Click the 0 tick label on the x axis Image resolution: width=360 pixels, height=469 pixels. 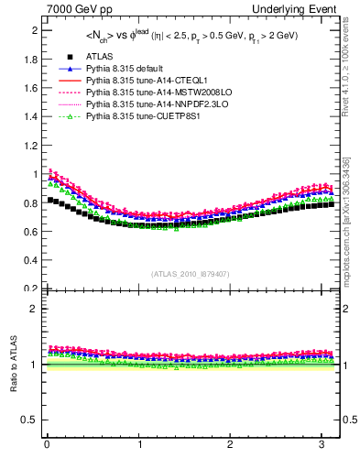(47, 445)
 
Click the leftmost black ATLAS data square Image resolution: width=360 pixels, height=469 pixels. (50, 199)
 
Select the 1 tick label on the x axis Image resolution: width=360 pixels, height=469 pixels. (138, 445)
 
